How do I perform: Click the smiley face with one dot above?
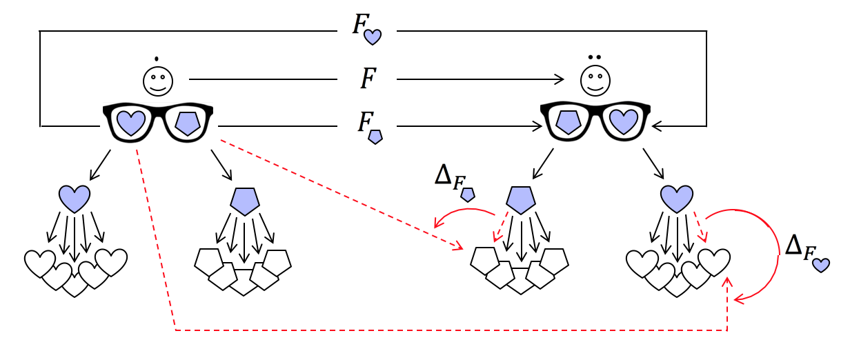[158, 80]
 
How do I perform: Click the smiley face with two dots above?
[595, 80]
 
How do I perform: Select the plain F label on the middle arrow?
[368, 79]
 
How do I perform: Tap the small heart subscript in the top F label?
[373, 37]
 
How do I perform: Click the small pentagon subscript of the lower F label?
[375, 137]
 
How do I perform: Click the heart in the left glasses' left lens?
[131, 123]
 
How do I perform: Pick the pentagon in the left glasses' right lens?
[187, 123]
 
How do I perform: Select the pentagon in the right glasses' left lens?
[569, 122]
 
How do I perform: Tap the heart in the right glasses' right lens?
[624, 121]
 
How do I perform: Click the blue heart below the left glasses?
[75, 198]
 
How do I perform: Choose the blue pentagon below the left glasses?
[245, 201]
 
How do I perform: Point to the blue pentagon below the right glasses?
[521, 199]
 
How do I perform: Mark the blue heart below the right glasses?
[677, 198]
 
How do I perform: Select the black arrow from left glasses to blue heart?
[100, 165]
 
